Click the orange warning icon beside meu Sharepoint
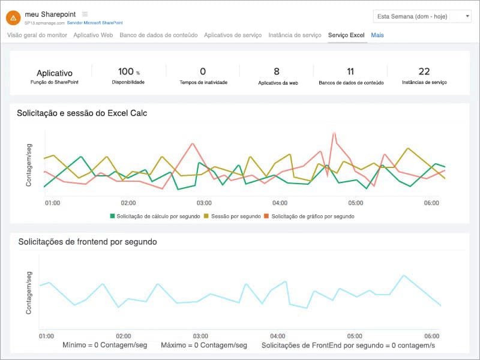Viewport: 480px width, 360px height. pos(13,17)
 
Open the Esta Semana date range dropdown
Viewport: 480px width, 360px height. pos(422,16)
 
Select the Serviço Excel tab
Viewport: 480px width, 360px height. pos(346,35)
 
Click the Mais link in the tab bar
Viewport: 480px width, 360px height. pos(377,35)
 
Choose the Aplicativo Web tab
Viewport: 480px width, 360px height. pos(93,35)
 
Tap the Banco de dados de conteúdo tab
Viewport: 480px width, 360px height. pos(158,35)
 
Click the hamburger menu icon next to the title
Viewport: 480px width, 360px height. pos(85,14)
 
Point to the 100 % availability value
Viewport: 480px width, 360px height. pos(128,71)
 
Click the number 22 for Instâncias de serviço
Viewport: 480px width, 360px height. pos(424,71)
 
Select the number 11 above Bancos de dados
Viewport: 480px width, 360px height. pos(350,71)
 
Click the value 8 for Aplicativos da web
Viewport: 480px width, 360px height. pos(277,71)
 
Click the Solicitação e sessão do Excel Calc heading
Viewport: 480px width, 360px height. pos(82,113)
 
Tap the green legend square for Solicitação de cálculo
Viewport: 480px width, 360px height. pos(112,216)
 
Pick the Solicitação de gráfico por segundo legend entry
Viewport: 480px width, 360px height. pos(313,216)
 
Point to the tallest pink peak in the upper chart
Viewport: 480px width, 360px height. pos(332,134)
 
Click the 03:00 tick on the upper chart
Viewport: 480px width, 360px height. pos(204,203)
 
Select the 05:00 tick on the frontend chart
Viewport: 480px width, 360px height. pos(355,336)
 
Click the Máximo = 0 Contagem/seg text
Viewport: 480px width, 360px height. pos(204,345)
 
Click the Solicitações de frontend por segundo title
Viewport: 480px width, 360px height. pos(88,242)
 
